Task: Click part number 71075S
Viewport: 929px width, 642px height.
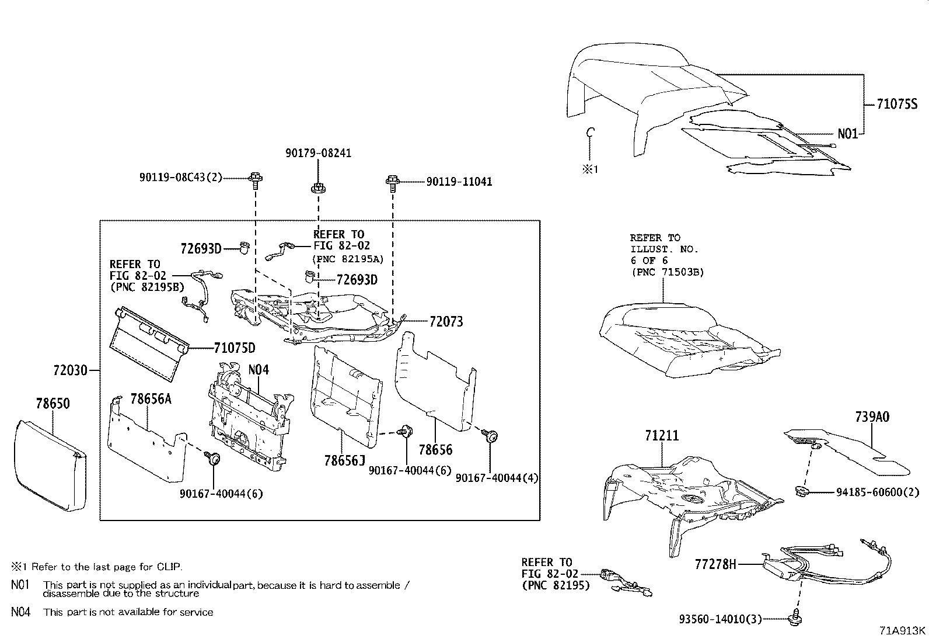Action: coord(897,105)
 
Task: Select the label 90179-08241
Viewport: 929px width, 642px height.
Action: coord(319,153)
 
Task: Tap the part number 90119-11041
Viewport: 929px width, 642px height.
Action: coord(459,182)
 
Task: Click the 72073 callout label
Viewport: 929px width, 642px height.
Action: coord(446,321)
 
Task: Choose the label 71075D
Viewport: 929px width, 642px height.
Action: coord(235,349)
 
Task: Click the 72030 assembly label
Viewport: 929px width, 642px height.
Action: coord(70,370)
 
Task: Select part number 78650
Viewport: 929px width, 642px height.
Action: coord(53,404)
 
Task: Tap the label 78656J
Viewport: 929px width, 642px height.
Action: coord(344,461)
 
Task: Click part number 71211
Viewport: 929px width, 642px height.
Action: coord(662,436)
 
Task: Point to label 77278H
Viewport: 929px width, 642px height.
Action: coord(715,564)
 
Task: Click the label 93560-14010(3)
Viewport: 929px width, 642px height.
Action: coord(720,619)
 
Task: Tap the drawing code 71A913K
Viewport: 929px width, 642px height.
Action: coord(903,631)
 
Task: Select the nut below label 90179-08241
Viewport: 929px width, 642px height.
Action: coord(317,188)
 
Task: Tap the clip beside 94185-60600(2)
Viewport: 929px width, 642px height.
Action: coord(802,491)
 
